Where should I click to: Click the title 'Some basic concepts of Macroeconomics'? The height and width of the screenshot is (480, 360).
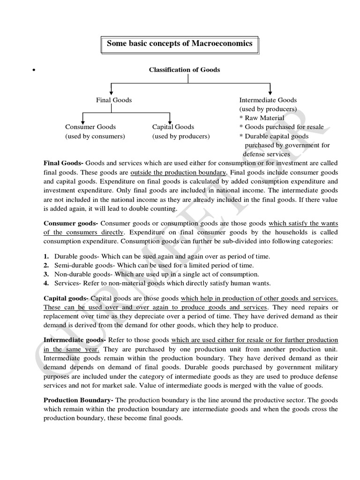[x=180, y=44]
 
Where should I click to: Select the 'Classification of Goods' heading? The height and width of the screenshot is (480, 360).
[x=184, y=70]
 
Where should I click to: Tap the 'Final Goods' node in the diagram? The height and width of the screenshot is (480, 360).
[x=114, y=100]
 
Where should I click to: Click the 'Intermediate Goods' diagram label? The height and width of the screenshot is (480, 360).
[x=268, y=100]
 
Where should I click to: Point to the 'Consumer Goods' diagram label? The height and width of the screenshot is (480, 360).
[x=90, y=127]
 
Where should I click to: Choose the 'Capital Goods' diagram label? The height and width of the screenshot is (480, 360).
[x=173, y=127]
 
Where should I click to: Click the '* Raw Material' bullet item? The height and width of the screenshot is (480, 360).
[x=262, y=118]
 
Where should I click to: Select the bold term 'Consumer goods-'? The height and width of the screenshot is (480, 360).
[x=71, y=224]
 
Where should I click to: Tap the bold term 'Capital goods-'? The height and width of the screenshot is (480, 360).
[x=66, y=298]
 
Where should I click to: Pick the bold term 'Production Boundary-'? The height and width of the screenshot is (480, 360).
[x=78, y=400]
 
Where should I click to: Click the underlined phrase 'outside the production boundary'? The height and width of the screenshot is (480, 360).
[x=172, y=172]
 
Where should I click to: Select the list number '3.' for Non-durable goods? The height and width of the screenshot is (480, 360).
[x=46, y=274]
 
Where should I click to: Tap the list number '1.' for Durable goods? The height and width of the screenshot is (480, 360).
[x=46, y=257]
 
